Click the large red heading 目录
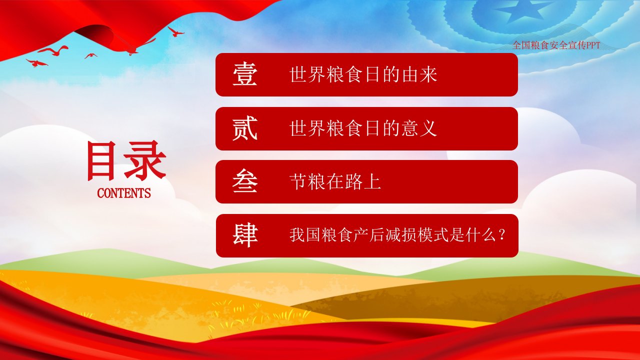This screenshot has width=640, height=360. pos(126,160)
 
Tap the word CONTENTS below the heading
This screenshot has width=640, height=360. pos(123,193)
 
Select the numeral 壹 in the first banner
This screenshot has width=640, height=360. pos(245,74)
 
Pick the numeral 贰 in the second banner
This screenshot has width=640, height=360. pos(245,128)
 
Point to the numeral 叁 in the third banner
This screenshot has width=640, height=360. pos(245,181)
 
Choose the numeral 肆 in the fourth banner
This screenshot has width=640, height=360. pos(245,235)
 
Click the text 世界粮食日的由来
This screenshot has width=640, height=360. pos(363,74)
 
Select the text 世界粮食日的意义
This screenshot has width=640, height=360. pos(363,128)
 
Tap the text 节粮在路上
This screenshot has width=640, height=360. pos(335,181)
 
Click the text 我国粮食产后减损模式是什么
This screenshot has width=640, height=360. pos(392,235)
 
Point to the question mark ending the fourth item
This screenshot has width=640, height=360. pos(501,235)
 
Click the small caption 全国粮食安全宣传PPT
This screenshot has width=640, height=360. pos(556,45)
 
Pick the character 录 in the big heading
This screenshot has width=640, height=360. pos(145,160)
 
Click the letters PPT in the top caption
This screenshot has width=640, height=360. pos(593,45)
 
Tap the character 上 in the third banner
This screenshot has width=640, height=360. pos(372,181)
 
